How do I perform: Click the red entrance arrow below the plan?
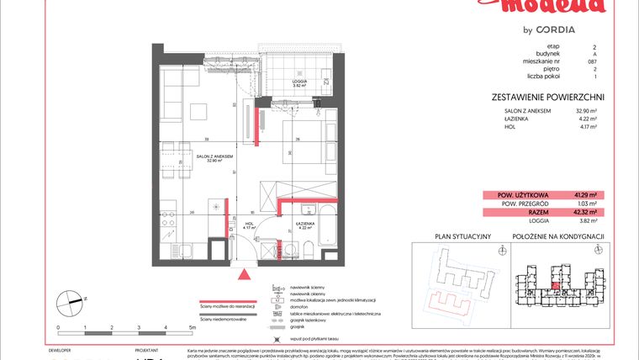point(246,273)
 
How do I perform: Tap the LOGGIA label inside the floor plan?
point(298,82)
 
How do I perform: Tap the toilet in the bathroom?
point(309,246)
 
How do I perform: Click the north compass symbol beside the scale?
point(71,299)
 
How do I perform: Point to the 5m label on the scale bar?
point(193,326)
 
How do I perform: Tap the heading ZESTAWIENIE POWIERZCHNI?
point(547,98)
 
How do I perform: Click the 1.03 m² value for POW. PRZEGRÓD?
point(586,204)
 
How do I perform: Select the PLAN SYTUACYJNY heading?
point(457,237)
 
